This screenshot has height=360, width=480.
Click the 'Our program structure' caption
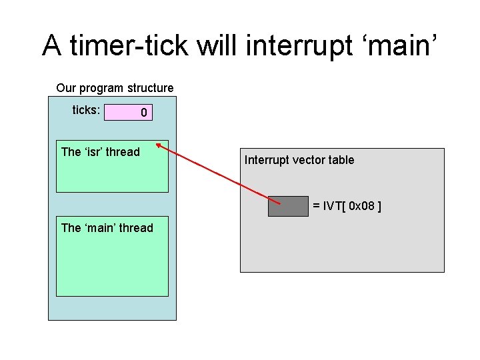point(115,88)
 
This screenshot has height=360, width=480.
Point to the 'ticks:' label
point(86,111)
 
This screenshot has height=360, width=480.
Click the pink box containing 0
point(128,113)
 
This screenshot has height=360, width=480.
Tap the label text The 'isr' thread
point(100,152)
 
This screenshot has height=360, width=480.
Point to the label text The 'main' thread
point(107,228)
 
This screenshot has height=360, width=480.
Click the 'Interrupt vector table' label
point(299,160)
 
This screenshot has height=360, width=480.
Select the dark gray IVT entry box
point(288,207)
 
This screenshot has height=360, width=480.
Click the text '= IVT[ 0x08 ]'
point(347,207)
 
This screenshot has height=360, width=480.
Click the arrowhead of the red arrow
point(158,145)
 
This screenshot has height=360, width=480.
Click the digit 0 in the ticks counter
point(143,113)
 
